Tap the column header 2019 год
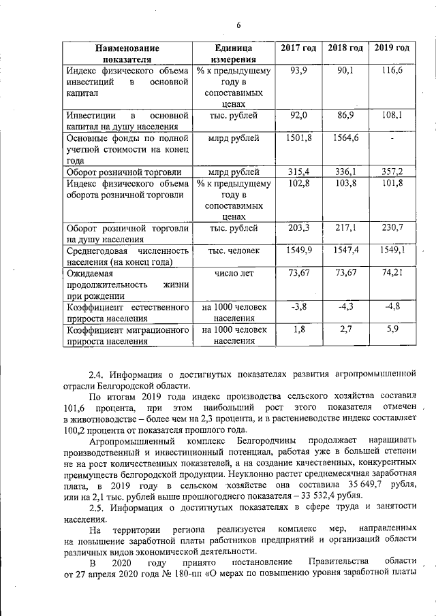(x=392, y=48)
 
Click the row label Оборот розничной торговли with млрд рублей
(x=116, y=172)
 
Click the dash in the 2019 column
(x=392, y=139)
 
